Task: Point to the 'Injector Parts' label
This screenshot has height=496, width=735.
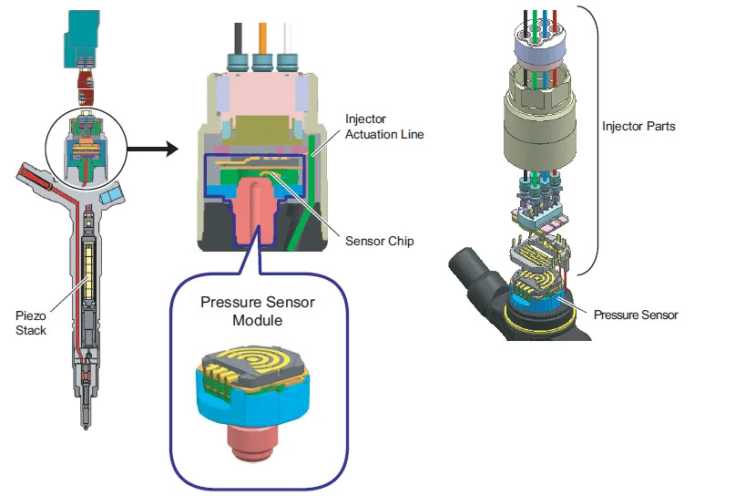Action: click(x=638, y=126)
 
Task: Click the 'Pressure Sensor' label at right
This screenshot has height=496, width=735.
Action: click(x=636, y=315)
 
